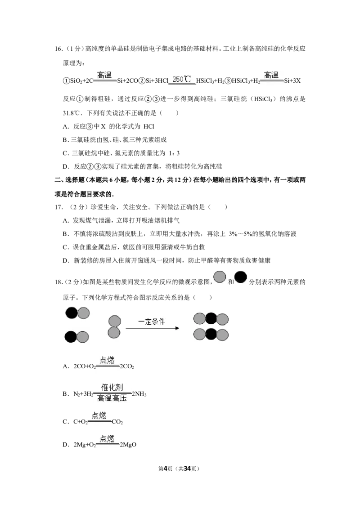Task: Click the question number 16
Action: [58, 49]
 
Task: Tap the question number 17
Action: [58, 207]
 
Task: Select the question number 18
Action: [58, 282]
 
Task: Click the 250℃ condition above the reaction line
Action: [182, 79]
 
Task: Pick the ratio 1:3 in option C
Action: [174, 153]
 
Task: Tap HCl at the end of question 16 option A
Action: [149, 127]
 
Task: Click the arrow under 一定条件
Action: [153, 328]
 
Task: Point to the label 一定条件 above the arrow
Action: [151, 321]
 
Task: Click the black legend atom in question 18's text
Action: [240, 277]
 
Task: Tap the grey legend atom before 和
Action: [220, 277]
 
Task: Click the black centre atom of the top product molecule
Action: [211, 319]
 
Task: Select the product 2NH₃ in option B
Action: [139, 394]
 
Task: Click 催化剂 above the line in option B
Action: [112, 387]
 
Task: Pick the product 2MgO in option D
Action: [128, 445]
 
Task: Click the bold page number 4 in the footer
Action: [165, 469]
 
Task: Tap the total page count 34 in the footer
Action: [187, 469]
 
